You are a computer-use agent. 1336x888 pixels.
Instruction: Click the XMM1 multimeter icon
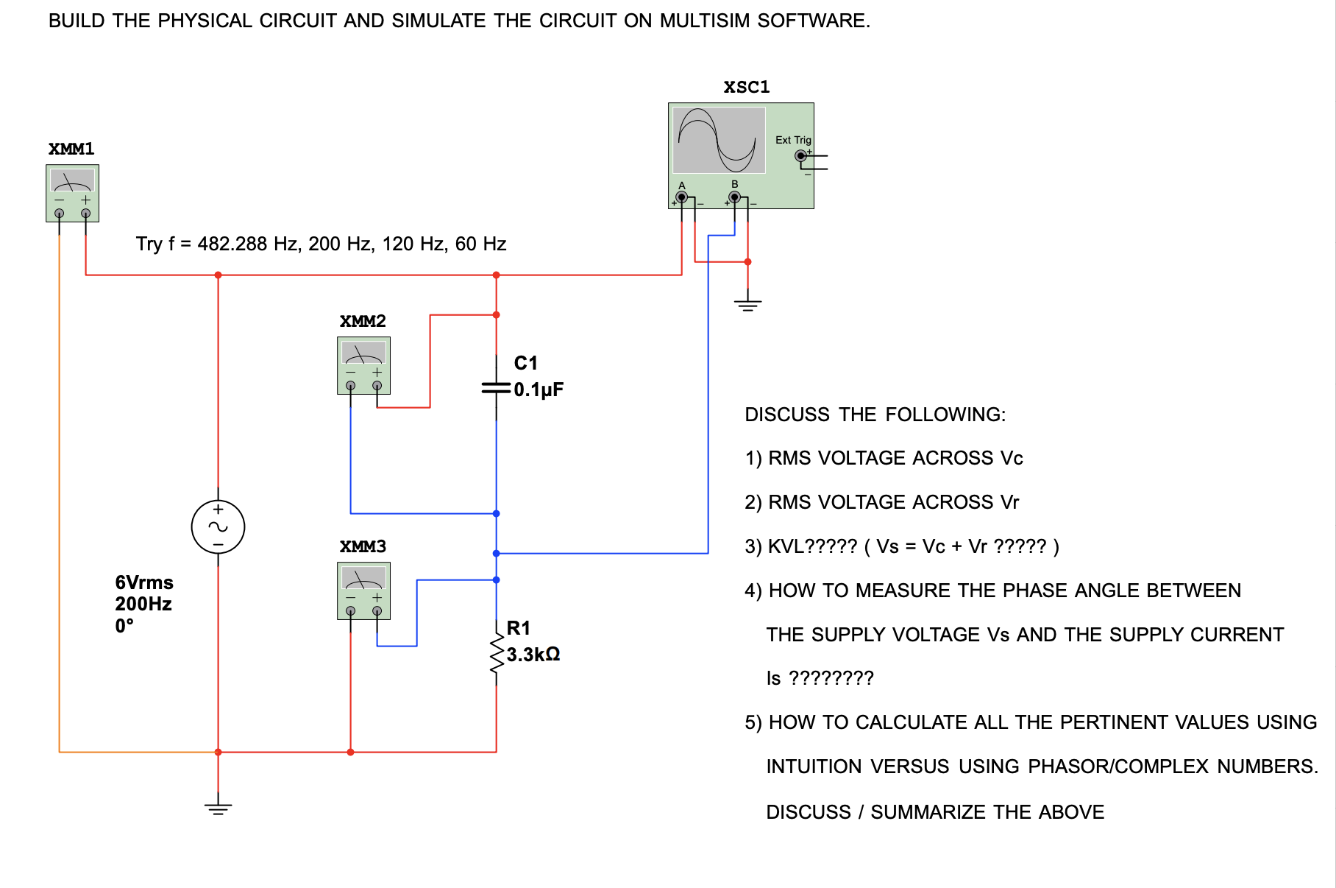click(72, 193)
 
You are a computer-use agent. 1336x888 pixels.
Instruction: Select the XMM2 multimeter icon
click(363, 365)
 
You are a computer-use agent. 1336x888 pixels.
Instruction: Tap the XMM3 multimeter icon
click(363, 591)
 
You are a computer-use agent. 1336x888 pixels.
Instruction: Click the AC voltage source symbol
click(218, 527)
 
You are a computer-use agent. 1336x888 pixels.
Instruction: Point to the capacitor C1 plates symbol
click(497, 387)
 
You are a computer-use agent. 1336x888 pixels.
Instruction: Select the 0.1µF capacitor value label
click(539, 390)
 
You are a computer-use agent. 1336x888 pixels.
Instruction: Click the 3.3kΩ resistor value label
click(533, 654)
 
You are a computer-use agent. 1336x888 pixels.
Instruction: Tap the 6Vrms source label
click(144, 582)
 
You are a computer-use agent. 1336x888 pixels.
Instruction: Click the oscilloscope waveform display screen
click(719, 140)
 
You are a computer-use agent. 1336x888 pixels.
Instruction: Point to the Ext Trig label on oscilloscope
click(793, 140)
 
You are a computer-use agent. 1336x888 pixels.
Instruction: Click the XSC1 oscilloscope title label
click(746, 87)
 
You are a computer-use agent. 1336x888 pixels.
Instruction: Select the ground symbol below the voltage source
click(218, 808)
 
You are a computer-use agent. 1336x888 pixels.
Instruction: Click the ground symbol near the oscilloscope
click(747, 303)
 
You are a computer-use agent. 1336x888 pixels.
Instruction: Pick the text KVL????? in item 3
click(812, 546)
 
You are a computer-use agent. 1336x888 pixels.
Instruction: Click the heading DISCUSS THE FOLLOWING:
click(875, 415)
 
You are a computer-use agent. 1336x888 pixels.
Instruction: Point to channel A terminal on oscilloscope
click(682, 197)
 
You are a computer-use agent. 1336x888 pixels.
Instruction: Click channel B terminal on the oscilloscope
click(734, 197)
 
